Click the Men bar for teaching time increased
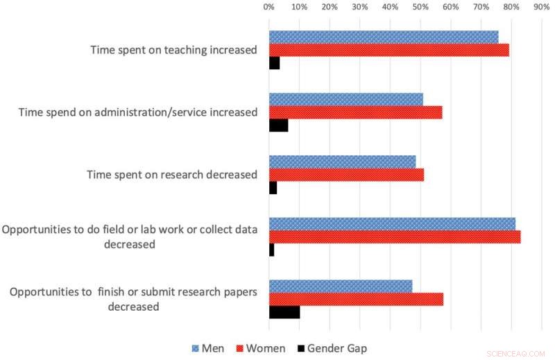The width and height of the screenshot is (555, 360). [384, 37]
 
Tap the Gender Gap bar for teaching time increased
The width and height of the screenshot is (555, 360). [274, 63]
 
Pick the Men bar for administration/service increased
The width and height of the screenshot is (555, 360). [345, 99]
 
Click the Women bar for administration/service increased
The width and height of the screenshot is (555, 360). [355, 112]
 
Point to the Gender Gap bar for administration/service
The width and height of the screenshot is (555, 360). [278, 126]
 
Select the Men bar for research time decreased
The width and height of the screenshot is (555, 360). [342, 162]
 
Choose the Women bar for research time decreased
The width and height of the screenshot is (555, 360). [346, 175]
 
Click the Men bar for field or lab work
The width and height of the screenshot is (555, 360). [392, 223]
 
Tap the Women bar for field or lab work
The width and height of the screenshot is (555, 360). [395, 237]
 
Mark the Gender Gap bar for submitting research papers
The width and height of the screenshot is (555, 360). [284, 312]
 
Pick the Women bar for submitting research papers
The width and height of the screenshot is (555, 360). [356, 299]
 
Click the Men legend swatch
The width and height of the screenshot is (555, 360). [196, 348]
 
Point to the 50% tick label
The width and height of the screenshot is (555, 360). [420, 7]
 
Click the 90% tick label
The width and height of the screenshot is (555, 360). [541, 7]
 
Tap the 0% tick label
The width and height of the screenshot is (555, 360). [269, 7]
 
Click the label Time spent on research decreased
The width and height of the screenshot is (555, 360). [171, 175]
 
